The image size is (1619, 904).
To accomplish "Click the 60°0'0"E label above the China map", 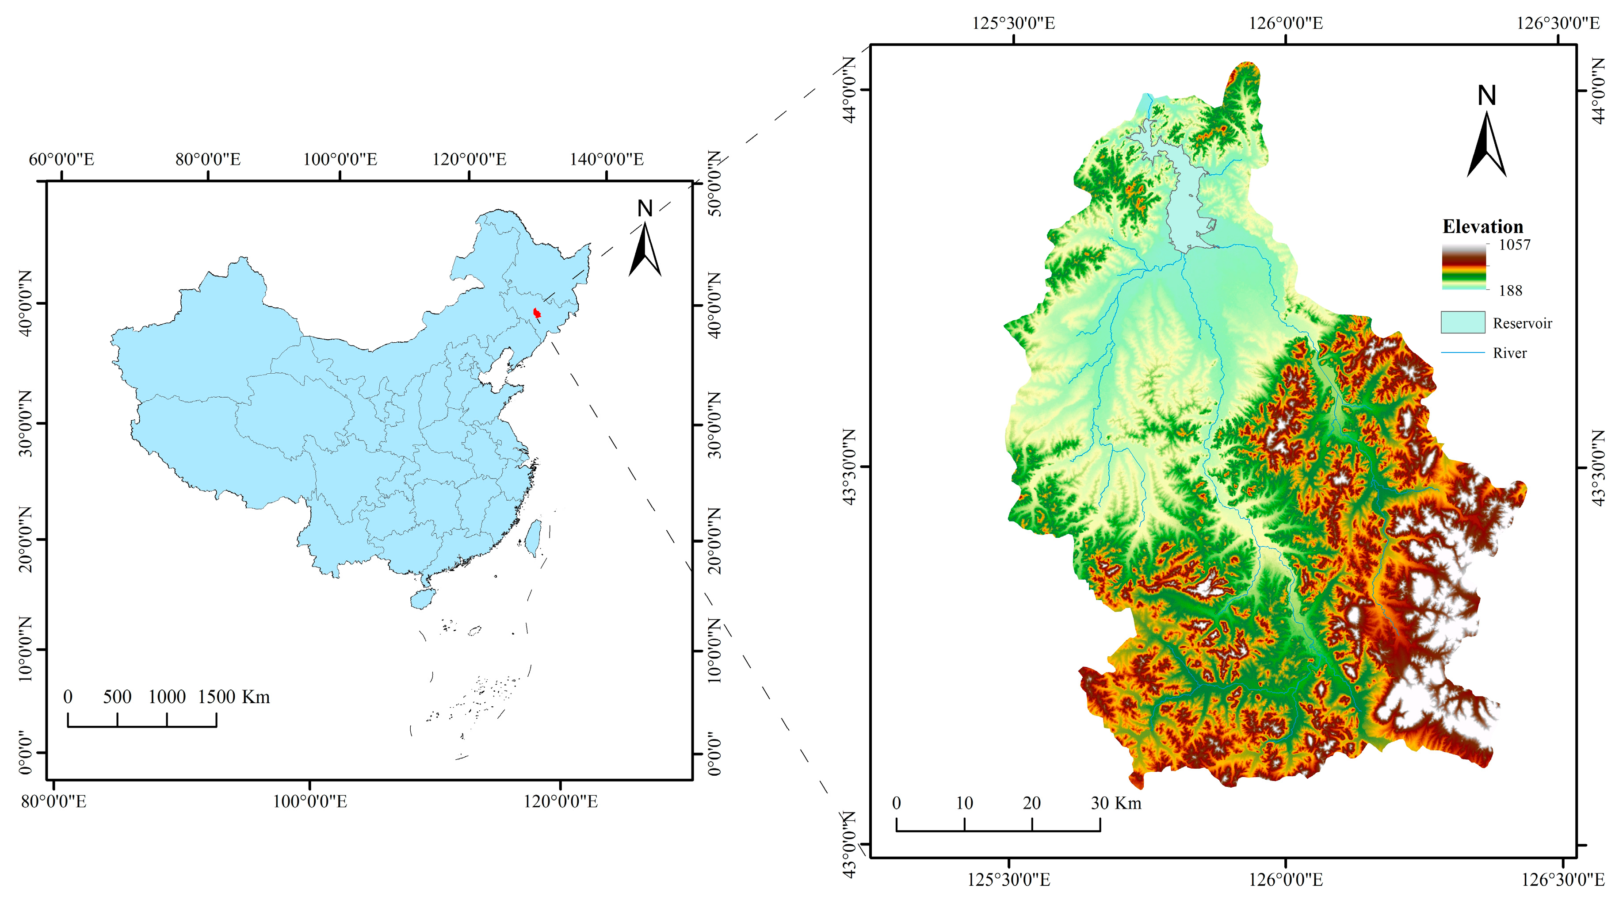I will [x=61, y=160].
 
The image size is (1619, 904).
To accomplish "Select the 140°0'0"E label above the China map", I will [x=607, y=160].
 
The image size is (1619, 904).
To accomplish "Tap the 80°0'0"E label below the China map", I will [x=53, y=801].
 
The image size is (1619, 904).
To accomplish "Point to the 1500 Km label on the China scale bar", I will [x=234, y=697].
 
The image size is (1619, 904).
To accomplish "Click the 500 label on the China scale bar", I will [x=118, y=697].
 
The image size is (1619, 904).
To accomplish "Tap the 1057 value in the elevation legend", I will [x=1514, y=245].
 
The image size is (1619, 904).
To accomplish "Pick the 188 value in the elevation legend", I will [x=1510, y=291].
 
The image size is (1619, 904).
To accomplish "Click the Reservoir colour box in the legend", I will [x=1462, y=322].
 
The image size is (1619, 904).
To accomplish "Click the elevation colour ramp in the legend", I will [x=1464, y=267].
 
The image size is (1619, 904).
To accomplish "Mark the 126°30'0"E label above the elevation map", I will [x=1558, y=24].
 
